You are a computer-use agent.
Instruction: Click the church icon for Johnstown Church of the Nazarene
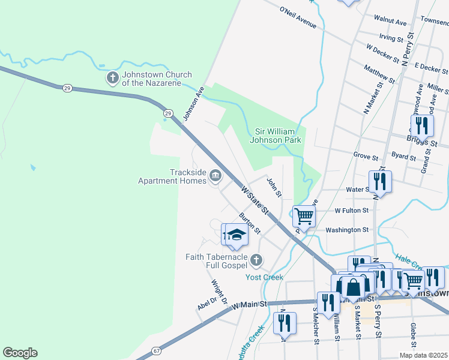pos(112,77)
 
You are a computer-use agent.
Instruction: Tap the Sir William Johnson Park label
pos(275,136)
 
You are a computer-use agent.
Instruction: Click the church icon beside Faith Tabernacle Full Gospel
pos(256,260)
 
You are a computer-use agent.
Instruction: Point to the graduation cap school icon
pos(237,235)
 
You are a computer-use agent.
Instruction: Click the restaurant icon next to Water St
pos(380,181)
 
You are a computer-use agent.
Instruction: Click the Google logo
pos(20,353)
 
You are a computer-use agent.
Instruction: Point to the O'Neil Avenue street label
pos(298,17)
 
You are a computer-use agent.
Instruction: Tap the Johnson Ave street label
pos(194,103)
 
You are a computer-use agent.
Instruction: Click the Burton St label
pos(250,223)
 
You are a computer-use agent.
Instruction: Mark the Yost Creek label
pos(264,277)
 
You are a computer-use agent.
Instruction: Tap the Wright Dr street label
pos(218,291)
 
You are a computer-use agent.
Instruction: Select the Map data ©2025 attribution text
pos(423,355)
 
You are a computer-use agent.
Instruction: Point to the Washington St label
pos(346,230)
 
